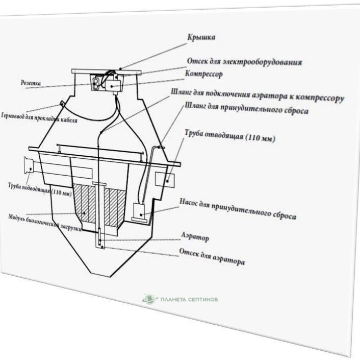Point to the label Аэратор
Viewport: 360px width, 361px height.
195,238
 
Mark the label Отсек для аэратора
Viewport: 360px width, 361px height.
212,256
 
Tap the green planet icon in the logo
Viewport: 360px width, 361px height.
149,298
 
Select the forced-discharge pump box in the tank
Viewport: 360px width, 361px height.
138,210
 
